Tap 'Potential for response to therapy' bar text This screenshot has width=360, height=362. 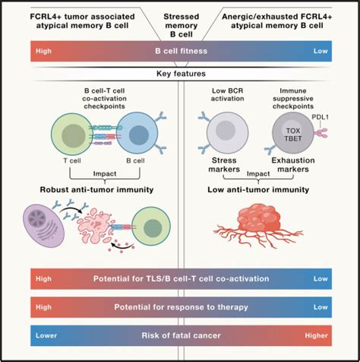click(179, 307)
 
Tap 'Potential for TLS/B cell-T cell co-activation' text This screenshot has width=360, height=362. click(179, 278)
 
